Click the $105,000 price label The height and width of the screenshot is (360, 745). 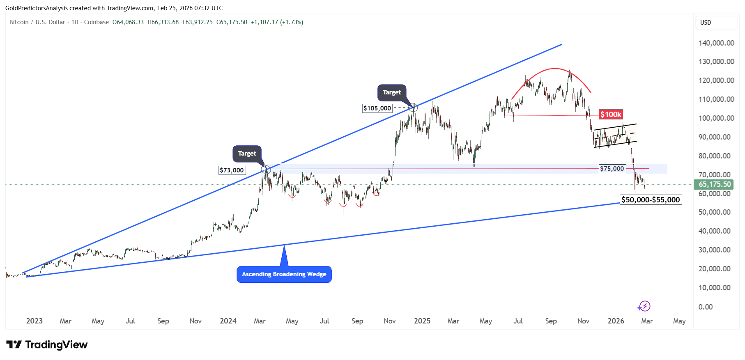click(377, 108)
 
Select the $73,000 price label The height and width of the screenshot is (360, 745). click(232, 170)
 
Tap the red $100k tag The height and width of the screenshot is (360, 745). click(611, 115)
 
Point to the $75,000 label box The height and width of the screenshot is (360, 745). click(612, 169)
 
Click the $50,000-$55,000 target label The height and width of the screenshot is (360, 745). click(651, 200)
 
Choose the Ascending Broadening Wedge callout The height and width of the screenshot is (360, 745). click(284, 274)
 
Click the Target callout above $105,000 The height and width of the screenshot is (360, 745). click(392, 92)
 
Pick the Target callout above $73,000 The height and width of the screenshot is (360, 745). click(247, 154)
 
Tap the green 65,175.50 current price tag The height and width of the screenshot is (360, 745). click(715, 184)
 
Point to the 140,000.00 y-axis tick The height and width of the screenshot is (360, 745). click(716, 43)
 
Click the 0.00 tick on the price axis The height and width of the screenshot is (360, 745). click(706, 307)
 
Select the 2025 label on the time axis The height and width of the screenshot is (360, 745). click(422, 321)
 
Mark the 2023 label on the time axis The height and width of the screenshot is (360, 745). click(34, 321)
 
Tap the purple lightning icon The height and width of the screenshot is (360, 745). click(644, 306)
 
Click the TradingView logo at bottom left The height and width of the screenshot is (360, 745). click(47, 345)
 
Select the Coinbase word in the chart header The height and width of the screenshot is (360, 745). click(97, 22)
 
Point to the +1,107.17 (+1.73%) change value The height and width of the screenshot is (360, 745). click(277, 22)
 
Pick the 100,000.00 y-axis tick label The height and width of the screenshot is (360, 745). click(716, 118)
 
